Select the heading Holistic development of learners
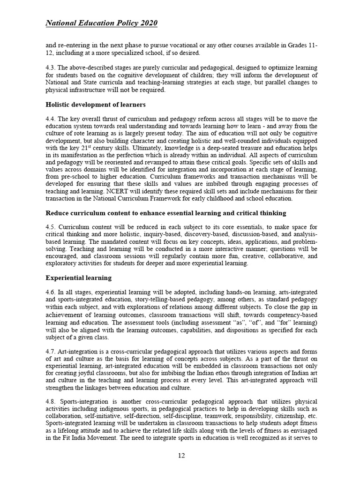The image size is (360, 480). (95, 104)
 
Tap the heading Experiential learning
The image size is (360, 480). (78, 277)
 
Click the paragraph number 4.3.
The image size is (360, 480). (51, 67)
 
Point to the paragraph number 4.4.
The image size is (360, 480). (51, 119)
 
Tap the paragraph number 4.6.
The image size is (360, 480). (51, 292)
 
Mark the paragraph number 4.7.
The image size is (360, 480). (51, 351)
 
